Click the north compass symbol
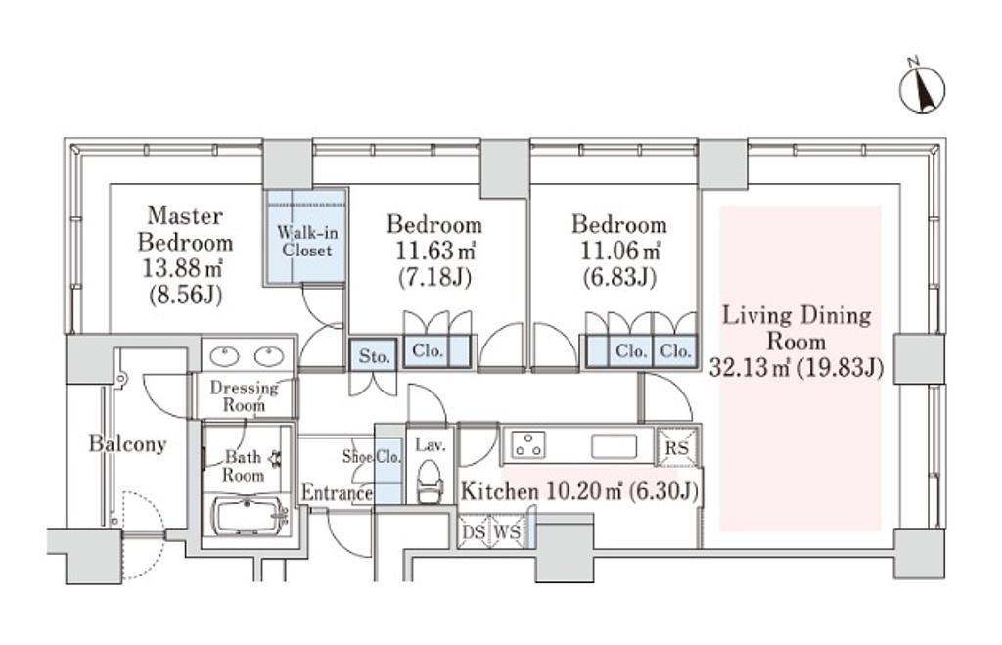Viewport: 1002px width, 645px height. [x=922, y=88]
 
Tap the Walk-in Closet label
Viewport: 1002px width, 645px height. [x=307, y=241]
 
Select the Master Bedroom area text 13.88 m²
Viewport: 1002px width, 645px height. [x=182, y=268]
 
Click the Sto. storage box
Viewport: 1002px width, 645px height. [x=374, y=355]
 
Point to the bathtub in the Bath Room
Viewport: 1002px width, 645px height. [x=250, y=515]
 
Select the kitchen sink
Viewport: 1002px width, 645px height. [x=614, y=445]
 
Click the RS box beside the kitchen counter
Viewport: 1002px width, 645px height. [x=677, y=447]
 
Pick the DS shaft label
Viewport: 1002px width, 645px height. [x=475, y=531]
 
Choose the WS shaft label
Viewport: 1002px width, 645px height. [x=508, y=531]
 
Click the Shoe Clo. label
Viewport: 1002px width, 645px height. [x=371, y=456]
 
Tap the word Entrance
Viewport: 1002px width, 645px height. [x=337, y=492]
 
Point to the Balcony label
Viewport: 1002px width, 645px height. [x=127, y=443]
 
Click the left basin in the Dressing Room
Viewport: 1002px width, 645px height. [x=224, y=355]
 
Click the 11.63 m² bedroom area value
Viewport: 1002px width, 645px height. [x=434, y=251]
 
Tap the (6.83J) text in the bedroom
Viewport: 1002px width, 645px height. [x=619, y=277]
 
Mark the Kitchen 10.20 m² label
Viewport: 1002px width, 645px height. [x=541, y=491]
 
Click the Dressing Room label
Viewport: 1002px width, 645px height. [x=244, y=396]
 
